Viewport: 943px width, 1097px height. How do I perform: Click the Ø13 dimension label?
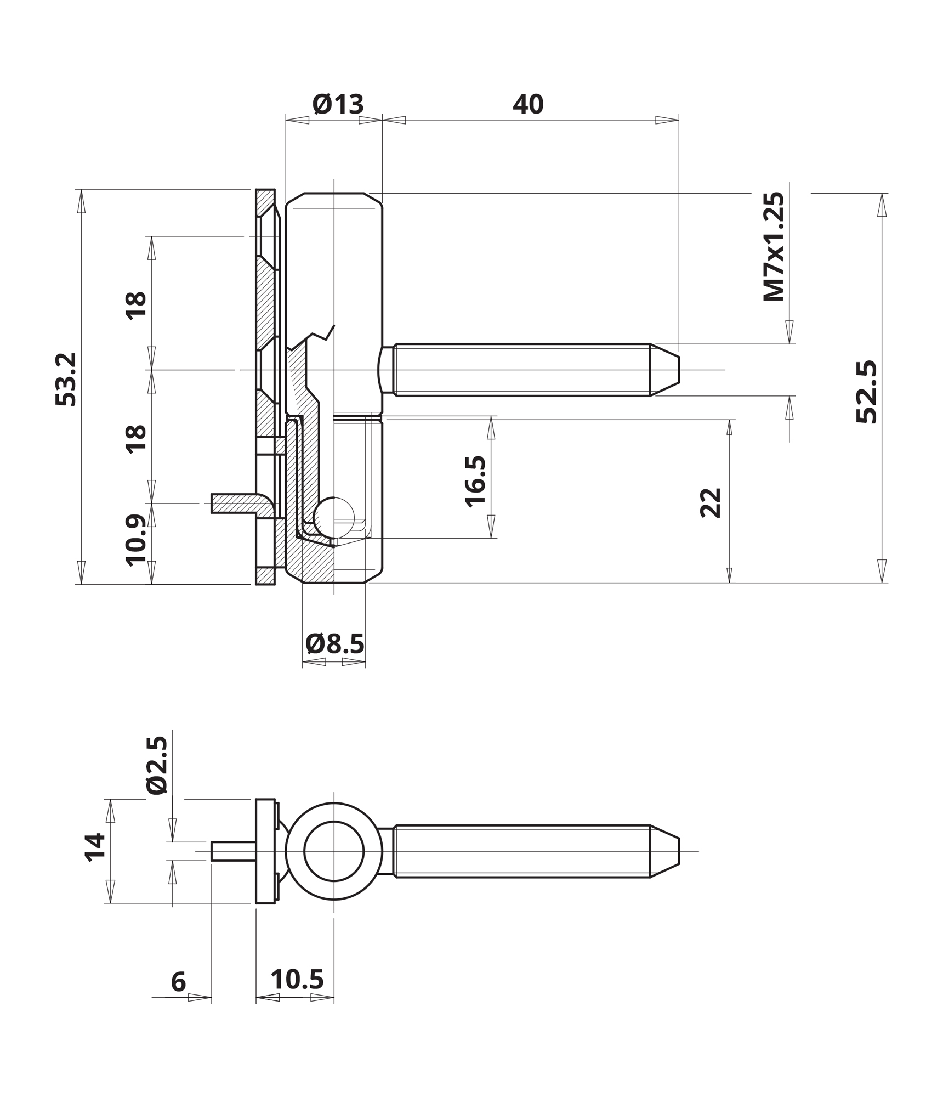tap(338, 104)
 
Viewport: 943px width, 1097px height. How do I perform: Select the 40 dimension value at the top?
tap(528, 104)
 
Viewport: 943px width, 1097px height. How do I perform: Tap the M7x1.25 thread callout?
tap(774, 246)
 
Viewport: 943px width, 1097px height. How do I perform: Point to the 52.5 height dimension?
tap(867, 392)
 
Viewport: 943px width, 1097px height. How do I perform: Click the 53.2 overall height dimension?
tap(66, 379)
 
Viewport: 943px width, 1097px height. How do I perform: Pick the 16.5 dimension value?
tap(475, 481)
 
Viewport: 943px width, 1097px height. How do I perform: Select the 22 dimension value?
tap(711, 502)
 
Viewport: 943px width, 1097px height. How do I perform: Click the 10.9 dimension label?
tap(136, 540)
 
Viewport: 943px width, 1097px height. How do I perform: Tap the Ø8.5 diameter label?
tap(335, 644)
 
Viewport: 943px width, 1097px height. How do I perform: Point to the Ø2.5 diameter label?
tap(157, 765)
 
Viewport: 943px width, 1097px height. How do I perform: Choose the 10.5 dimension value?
tap(297, 980)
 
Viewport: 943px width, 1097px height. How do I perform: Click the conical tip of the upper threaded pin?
tap(664, 370)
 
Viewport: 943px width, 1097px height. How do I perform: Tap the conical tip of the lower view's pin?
tap(664, 851)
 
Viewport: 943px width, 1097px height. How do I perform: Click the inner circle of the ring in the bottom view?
tap(334, 822)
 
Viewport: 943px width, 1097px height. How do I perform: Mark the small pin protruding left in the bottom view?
tap(234, 851)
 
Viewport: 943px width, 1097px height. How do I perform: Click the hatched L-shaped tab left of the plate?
tap(244, 504)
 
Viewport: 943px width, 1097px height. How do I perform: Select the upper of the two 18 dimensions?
tap(136, 304)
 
